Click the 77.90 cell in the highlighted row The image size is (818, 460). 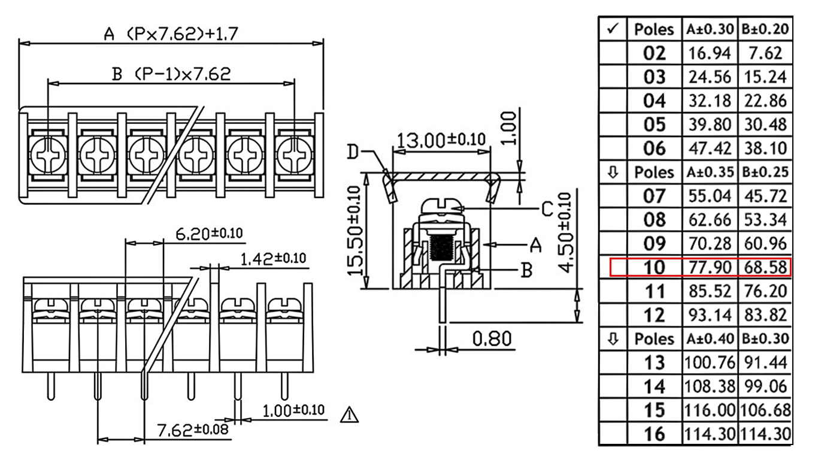710,268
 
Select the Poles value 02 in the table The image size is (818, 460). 655,53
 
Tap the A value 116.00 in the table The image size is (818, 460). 710,410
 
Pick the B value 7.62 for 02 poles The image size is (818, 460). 765,53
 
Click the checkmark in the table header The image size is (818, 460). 613,29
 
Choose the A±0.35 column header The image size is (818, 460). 710,172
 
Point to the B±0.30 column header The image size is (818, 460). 766,338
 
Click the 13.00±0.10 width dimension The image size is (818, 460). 441,140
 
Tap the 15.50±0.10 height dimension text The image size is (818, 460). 355,231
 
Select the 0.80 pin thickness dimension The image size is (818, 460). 492,338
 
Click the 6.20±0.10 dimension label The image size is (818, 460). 209,234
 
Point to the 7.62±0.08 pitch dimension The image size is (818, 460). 192,430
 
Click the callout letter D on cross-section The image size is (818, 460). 353,152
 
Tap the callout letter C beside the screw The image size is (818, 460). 547,210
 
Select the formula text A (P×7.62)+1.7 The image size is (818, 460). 171,34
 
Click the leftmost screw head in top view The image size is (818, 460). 48,155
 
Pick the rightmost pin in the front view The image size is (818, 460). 284,386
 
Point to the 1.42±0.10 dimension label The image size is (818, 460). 273,259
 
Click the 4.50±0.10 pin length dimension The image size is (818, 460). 565,233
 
